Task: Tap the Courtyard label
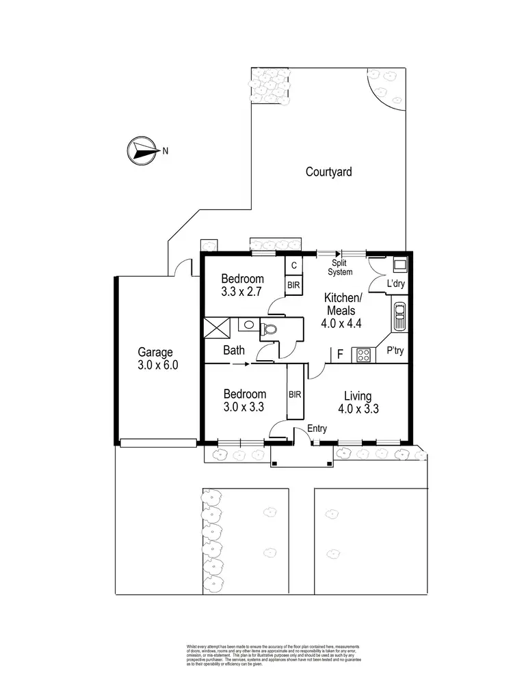(x=328, y=172)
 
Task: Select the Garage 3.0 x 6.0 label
(x=158, y=358)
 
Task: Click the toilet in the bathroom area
(x=270, y=329)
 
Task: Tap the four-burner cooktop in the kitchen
(x=363, y=355)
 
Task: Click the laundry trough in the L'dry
(x=399, y=264)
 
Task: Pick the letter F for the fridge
(x=340, y=354)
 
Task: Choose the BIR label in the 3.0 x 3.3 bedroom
(x=295, y=395)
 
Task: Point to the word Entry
(x=317, y=428)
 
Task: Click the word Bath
(x=235, y=351)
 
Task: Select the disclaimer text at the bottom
(x=273, y=654)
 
